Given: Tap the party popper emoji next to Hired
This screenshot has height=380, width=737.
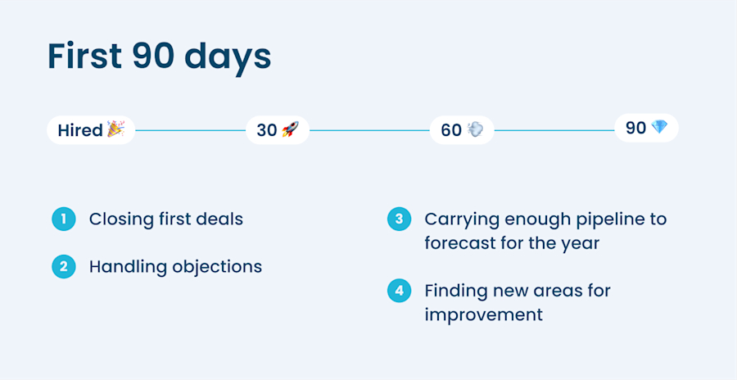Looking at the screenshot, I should [x=115, y=129].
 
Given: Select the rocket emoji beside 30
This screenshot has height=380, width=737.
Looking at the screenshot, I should [x=290, y=129].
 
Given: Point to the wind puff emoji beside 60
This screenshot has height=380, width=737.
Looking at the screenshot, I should [x=475, y=129].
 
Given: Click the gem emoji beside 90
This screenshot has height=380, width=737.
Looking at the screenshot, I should [x=659, y=128].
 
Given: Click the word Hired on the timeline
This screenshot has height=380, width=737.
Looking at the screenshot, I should [x=79, y=129].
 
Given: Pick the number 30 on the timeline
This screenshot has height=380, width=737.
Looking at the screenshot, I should [x=267, y=129].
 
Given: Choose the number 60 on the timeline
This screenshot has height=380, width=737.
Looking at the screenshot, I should [x=451, y=129].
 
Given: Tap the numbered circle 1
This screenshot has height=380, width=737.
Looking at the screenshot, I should [x=63, y=219].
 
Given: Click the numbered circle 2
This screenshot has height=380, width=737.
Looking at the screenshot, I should [x=63, y=266].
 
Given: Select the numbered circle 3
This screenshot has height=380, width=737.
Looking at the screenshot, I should [x=399, y=219].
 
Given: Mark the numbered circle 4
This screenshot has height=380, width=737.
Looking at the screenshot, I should [x=399, y=291].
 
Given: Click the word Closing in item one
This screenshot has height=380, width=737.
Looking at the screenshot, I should [x=120, y=219].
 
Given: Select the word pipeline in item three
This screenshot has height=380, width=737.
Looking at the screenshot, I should [x=597, y=219].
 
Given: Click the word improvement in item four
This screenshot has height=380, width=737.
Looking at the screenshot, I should [x=483, y=314].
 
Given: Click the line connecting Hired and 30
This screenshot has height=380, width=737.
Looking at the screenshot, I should [x=190, y=129].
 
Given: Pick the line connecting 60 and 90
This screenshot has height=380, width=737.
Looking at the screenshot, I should [x=554, y=129].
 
